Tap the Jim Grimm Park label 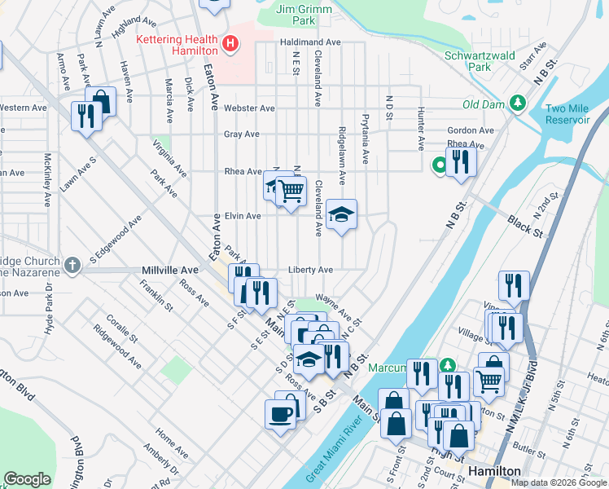(x=295, y=14)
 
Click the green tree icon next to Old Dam (x=516, y=103)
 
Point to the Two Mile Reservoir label (x=567, y=114)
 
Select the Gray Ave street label (x=242, y=134)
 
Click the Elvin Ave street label (x=243, y=216)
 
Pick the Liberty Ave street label (x=310, y=270)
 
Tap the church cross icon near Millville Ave (x=72, y=265)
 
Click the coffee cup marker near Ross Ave (x=281, y=414)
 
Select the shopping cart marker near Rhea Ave (x=290, y=191)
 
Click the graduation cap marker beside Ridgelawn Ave (x=342, y=215)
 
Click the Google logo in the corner (x=28, y=479)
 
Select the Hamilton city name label (x=494, y=472)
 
